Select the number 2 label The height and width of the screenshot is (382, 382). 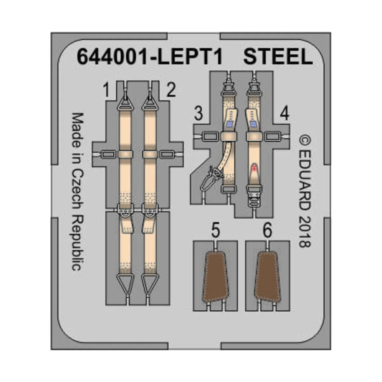pyautogui.click(x=171, y=90)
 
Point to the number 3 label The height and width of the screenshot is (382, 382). pyautogui.click(x=199, y=114)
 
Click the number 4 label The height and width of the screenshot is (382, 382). pyautogui.click(x=284, y=114)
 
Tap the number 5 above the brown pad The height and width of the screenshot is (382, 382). pyautogui.click(x=216, y=230)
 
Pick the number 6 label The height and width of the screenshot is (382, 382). pyautogui.click(x=267, y=230)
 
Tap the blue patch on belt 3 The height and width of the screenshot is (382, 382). pyautogui.click(x=229, y=124)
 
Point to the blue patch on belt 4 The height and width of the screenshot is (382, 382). pyautogui.click(x=254, y=124)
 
